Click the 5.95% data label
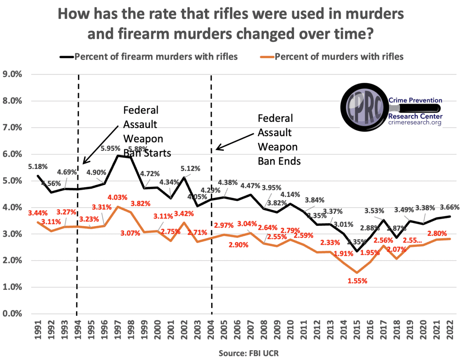click(110, 148)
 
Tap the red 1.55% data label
click(357, 281)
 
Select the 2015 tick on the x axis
click(357, 330)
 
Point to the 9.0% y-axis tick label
click(12, 74)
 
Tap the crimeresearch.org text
click(415, 122)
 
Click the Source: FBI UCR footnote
click(249, 353)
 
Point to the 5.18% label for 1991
click(38, 166)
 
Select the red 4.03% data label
click(117, 198)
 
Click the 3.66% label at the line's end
click(450, 207)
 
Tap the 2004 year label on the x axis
click(211, 330)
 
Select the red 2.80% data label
click(437, 233)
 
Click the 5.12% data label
click(190, 169)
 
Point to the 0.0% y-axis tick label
click(12, 313)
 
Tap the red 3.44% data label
click(38, 213)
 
